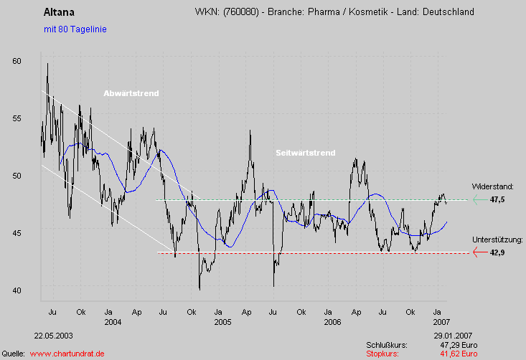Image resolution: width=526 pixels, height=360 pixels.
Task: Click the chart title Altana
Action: point(58,12)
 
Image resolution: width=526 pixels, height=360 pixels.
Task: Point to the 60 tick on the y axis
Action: point(17,62)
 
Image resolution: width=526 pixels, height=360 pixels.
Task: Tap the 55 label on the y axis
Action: point(17,118)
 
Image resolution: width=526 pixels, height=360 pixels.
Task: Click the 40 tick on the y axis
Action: point(17,290)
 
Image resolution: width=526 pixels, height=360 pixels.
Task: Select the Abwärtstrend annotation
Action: point(131,94)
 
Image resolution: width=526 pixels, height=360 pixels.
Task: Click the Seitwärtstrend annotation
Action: point(305,153)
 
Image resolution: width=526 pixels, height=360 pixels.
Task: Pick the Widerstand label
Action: point(492,186)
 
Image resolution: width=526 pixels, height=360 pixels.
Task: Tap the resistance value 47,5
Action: point(497,200)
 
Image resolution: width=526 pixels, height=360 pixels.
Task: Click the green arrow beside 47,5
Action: point(479,200)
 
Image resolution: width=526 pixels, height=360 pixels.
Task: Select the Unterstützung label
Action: point(497,240)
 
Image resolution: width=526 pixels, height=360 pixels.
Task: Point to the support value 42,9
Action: point(497,252)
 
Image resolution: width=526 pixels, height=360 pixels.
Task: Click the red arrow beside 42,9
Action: point(479,252)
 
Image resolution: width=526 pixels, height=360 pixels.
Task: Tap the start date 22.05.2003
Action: point(53,336)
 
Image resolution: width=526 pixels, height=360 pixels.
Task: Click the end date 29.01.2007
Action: point(454,336)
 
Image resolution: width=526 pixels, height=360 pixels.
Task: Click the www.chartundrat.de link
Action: point(67,354)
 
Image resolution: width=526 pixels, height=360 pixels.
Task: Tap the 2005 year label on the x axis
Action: point(222,323)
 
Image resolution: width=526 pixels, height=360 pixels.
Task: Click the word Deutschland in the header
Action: point(447,12)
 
